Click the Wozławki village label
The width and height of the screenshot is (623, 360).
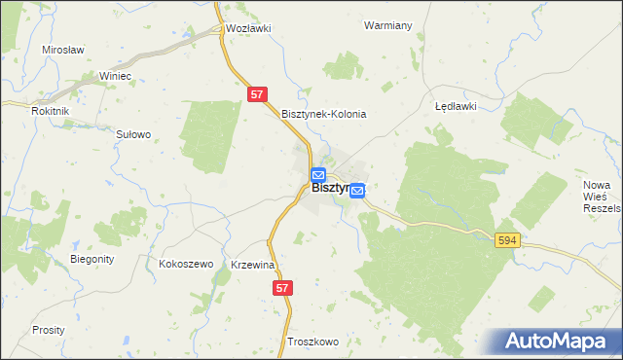(247, 28)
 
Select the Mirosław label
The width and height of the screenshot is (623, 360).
(63, 49)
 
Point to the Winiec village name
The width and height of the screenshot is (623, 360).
(115, 75)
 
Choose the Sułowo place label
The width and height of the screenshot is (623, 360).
(133, 134)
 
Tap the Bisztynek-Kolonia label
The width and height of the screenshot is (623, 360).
(323, 114)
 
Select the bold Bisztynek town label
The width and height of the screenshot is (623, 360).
(331, 188)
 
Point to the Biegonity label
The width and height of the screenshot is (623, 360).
(93, 259)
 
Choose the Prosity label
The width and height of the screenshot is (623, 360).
(48, 330)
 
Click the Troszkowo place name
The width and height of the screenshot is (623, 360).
(312, 342)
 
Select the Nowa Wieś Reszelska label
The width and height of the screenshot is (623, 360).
(601, 197)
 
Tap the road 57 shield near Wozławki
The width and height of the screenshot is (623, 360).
(256, 94)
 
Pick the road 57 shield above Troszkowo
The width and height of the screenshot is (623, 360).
(282, 288)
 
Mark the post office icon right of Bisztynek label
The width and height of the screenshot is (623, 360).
(357, 191)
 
